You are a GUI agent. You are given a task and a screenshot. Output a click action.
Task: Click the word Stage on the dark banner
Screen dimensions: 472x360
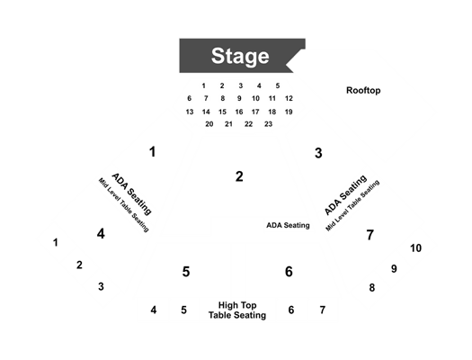pos(240,57)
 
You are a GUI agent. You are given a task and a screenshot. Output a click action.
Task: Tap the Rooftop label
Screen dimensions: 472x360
pos(363,90)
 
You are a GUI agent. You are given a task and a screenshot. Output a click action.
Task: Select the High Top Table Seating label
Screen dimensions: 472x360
pos(237,310)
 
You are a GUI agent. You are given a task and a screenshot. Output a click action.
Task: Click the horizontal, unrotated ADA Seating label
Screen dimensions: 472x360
pos(288,225)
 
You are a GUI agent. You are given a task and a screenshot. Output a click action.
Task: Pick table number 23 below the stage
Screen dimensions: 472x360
pos(268,124)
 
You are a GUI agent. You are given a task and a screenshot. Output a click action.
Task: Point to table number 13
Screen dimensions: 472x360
pos(190,112)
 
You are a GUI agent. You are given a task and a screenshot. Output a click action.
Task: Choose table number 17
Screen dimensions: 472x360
pos(255,112)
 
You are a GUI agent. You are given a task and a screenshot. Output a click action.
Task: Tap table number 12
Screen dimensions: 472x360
pos(289,98)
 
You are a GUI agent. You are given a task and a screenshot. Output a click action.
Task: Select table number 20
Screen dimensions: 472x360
pos(209,124)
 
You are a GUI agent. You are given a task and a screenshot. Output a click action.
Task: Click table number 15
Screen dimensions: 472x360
pos(222,112)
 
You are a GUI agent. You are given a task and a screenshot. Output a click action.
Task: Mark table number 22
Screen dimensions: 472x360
pos(248,124)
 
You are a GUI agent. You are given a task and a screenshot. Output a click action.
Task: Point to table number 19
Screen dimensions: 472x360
pos(289,112)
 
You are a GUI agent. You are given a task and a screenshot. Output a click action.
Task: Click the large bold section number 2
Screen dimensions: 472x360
pos(239,176)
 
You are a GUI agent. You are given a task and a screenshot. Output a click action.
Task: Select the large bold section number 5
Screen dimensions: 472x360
pos(186,272)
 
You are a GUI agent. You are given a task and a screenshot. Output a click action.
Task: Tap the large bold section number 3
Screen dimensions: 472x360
pos(318,153)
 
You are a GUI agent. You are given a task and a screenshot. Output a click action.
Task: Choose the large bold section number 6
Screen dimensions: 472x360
pos(289,272)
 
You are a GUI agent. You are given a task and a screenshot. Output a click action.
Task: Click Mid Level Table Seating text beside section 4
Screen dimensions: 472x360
pos(124,205)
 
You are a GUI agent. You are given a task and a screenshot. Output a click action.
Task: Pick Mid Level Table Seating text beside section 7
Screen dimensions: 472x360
pos(352,206)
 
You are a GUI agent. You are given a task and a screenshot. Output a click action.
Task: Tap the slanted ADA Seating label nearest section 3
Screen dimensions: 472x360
pos(346,195)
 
